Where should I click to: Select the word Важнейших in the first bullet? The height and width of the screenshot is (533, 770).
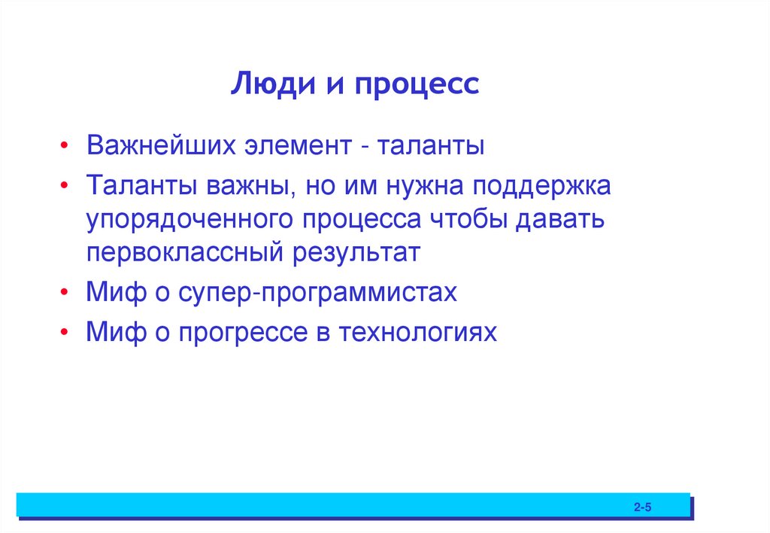click(x=159, y=145)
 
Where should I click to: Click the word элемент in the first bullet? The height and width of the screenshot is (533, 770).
click(x=296, y=145)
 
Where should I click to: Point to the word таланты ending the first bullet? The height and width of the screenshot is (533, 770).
click(x=430, y=145)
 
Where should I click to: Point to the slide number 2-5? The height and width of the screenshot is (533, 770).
click(x=641, y=508)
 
